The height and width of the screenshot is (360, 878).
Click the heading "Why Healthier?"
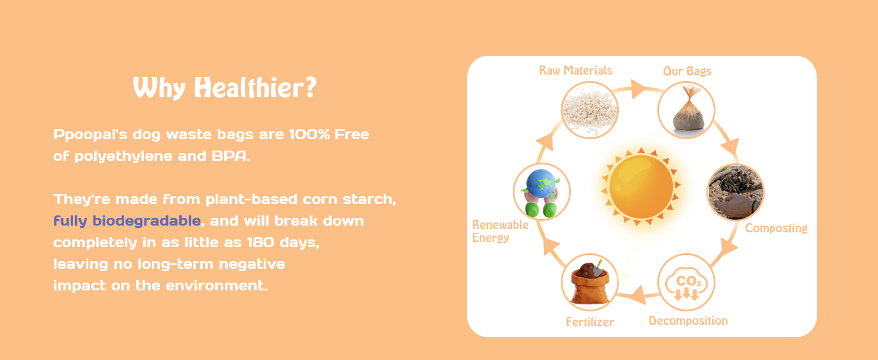click(224, 88)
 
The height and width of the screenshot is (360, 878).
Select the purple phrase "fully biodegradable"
click(127, 221)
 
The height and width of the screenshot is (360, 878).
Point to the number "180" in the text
click(261, 242)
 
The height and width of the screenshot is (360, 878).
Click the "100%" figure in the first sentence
click(309, 134)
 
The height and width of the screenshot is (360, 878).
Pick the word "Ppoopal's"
click(90, 135)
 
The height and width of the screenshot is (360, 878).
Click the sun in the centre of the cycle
click(641, 187)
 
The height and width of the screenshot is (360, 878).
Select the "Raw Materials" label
click(575, 71)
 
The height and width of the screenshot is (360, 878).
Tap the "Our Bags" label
click(687, 71)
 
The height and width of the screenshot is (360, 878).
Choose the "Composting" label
click(776, 228)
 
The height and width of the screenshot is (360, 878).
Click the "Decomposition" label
click(688, 321)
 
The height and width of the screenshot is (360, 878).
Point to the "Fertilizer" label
click(590, 322)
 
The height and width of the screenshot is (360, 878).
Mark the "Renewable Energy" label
click(500, 232)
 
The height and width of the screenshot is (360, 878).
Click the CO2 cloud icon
click(686, 283)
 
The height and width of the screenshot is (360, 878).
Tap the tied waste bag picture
click(686, 110)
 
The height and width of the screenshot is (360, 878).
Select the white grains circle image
click(590, 110)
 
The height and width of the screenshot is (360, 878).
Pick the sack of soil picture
click(590, 283)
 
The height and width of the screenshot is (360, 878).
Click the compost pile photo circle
click(736, 192)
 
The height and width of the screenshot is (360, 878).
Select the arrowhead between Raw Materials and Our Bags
click(638, 89)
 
